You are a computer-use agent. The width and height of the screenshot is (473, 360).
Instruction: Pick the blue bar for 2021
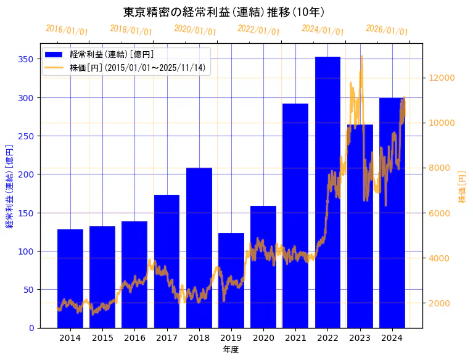click(295, 216)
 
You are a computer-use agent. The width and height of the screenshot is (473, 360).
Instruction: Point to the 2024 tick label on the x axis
click(392, 338)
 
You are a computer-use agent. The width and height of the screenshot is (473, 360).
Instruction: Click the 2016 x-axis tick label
click(134, 338)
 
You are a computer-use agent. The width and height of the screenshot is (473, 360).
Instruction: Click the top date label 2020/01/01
click(195, 30)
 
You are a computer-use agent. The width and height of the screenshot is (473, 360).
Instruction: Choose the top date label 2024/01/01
click(323, 30)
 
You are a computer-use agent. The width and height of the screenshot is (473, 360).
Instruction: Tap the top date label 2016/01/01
click(67, 30)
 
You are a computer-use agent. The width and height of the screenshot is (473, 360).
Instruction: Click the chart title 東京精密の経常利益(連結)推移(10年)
click(224, 12)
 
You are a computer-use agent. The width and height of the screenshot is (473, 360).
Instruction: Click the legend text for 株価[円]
click(138, 67)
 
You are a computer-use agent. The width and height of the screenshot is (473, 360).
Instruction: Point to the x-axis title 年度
click(231, 350)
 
